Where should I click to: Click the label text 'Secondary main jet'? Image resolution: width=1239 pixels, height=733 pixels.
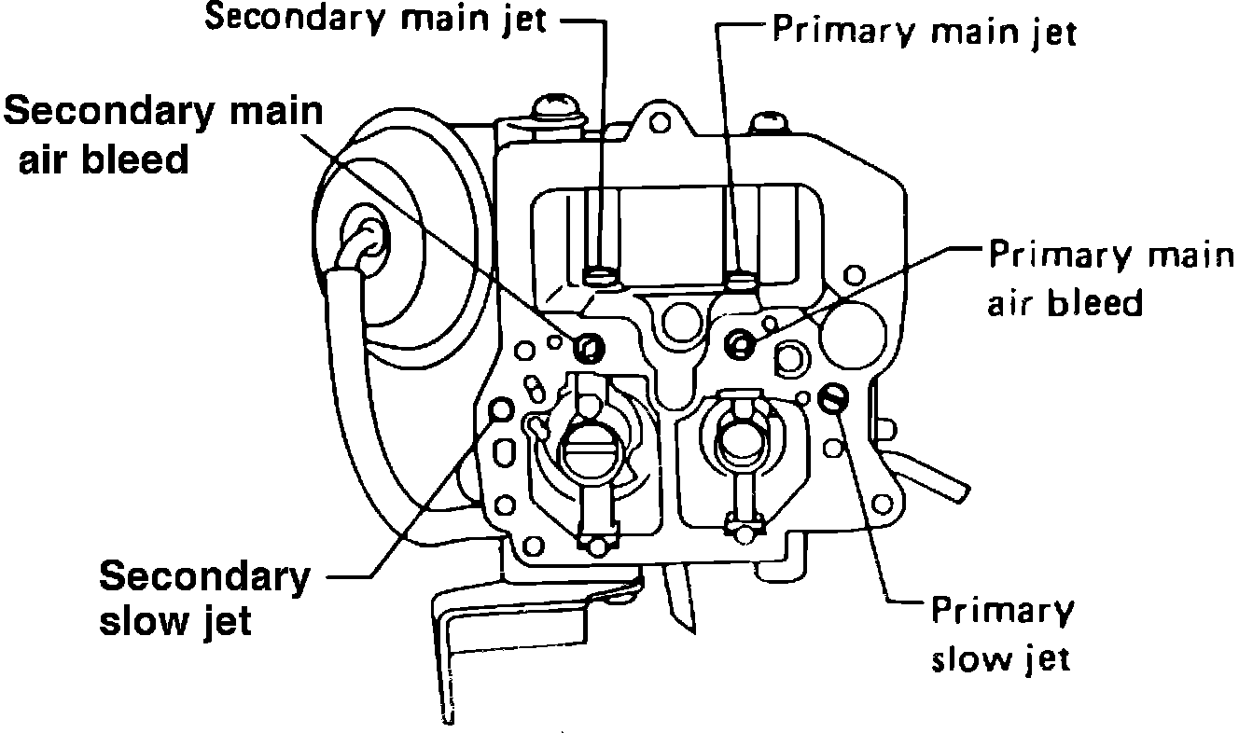coord(375,20)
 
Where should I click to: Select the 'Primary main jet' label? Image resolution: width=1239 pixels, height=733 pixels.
coord(925,32)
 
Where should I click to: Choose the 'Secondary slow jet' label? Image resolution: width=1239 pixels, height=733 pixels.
coord(204,598)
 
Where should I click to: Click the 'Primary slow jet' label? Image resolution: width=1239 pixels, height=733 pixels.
coord(1002,634)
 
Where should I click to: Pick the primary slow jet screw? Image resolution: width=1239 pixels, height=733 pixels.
coord(833,399)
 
